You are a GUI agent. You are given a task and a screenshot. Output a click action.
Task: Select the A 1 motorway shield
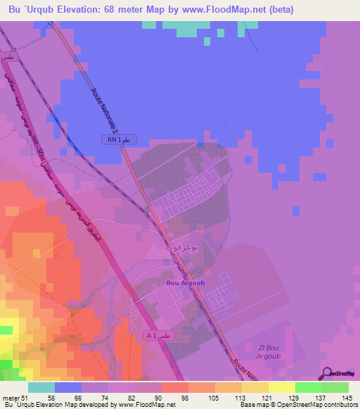point(158,337)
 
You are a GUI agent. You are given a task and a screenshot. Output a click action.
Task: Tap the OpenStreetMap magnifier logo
point(328,375)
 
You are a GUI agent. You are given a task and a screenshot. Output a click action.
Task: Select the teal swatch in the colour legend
point(41,387)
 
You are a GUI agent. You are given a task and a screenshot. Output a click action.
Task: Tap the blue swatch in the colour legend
point(68,387)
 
